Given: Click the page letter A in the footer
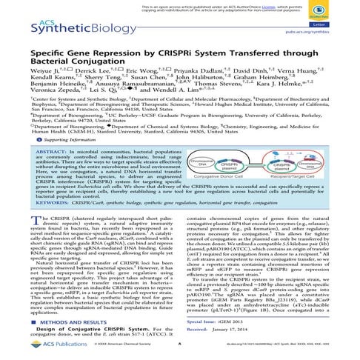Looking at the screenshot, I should pyautogui.click(x=181, y=354).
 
